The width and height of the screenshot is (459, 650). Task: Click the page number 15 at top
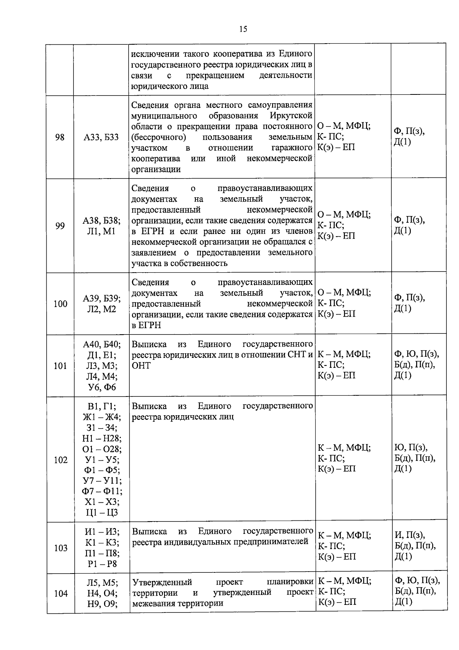point(243,29)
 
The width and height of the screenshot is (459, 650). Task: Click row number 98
point(60,137)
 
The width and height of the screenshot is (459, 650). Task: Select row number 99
point(60,226)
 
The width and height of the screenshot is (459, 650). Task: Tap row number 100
point(60,304)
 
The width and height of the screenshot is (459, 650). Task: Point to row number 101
point(60,366)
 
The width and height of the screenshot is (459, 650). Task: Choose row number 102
point(60,460)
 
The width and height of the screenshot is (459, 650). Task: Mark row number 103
point(60,548)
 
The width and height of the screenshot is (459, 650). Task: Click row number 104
point(60,593)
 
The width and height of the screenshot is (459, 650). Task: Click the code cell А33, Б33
point(101,137)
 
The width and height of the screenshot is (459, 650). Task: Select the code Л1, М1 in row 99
point(101,231)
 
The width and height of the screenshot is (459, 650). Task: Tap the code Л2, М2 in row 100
point(101,309)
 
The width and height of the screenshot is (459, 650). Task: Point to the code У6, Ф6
point(101,387)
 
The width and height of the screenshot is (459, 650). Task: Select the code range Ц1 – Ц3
point(101,513)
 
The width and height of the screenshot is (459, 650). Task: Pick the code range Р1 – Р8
point(101,564)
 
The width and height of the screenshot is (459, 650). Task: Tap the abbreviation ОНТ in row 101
point(141,366)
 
